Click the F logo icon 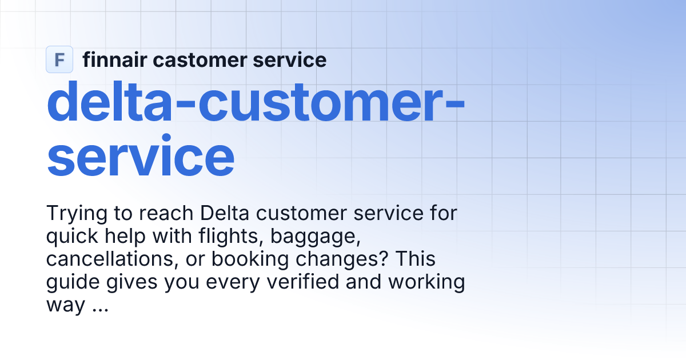click(59, 59)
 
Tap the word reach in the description click(165, 214)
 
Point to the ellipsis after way click(99, 306)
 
